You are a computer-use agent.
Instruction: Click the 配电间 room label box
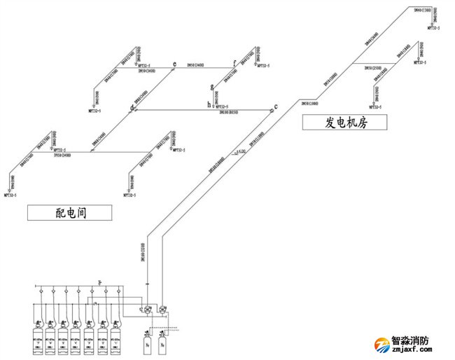tap(70, 212)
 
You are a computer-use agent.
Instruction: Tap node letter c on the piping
tap(276, 106)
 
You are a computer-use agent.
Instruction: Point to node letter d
tap(131, 109)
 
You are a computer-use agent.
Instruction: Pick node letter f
tap(234, 64)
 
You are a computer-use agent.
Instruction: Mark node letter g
tap(211, 88)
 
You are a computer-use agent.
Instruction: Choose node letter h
tap(209, 104)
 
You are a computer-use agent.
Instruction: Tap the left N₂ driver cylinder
tap(148, 343)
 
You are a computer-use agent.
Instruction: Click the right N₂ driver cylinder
tap(163, 343)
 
